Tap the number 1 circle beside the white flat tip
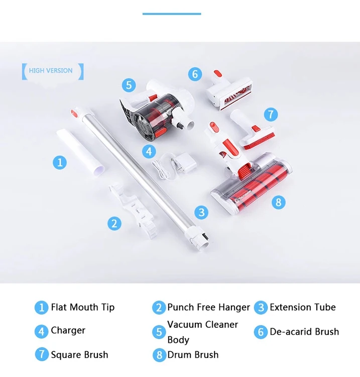pyautogui.click(x=60, y=162)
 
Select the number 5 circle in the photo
pyautogui.click(x=129, y=84)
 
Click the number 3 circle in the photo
pyautogui.click(x=202, y=212)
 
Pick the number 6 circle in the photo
pyautogui.click(x=195, y=74)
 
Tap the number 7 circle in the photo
pyautogui.click(x=271, y=114)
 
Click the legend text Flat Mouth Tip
pyautogui.click(x=82, y=307)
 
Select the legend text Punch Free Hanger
pyautogui.click(x=208, y=307)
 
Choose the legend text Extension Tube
pyautogui.click(x=302, y=307)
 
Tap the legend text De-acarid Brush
pyautogui.click(x=304, y=332)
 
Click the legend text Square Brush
pyautogui.click(x=79, y=354)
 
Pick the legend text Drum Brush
pyautogui.click(x=193, y=354)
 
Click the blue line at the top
pyautogui.click(x=172, y=14)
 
